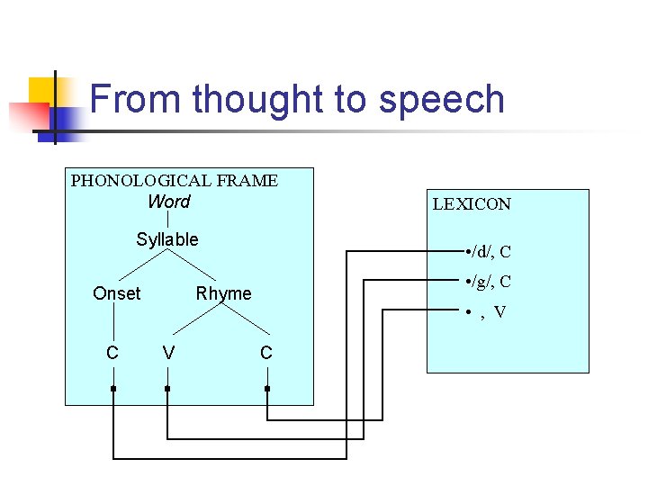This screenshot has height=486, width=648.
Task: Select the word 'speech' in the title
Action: tap(442, 99)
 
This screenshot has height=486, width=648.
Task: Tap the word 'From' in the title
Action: tap(136, 99)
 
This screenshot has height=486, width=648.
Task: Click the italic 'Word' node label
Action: tap(169, 202)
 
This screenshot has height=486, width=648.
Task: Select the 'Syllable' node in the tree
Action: tap(167, 239)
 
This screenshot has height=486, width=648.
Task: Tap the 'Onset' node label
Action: tap(117, 293)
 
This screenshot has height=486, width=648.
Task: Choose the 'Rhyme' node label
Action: tap(224, 293)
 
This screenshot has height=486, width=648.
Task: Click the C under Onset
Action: tap(112, 353)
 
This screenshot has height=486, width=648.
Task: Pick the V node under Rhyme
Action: tap(168, 353)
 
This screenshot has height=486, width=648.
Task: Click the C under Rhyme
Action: tap(266, 353)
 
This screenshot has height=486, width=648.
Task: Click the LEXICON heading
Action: tap(472, 204)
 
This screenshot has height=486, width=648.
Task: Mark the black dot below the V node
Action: tap(167, 389)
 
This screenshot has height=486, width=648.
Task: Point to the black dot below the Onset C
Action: tap(113, 389)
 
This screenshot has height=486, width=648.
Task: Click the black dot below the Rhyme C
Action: tap(267, 389)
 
